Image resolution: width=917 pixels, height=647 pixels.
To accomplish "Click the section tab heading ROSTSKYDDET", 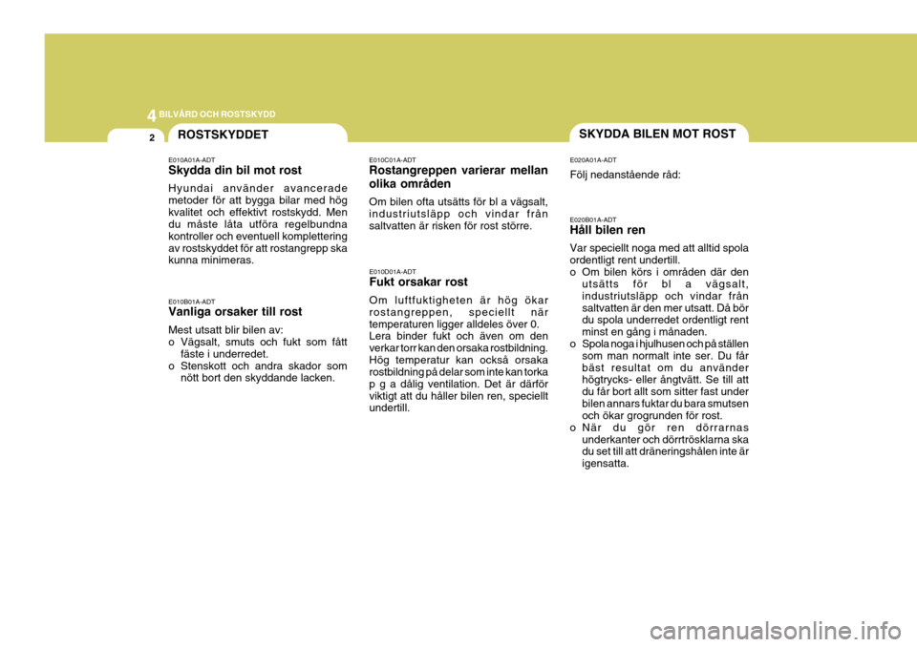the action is [223, 135].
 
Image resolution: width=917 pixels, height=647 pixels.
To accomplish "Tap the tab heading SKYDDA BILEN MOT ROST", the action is [657, 134].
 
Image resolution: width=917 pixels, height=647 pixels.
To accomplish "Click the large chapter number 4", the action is [152, 115].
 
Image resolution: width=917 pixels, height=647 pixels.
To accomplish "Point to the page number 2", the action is [152, 138].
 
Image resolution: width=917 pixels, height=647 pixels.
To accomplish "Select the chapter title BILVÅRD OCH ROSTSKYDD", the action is [217, 114].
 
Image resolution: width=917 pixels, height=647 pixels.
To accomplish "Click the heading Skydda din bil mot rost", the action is [235, 170].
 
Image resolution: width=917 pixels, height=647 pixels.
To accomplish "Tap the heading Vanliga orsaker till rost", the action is [235, 311].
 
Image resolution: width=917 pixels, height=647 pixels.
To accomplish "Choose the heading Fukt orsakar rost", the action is [418, 282].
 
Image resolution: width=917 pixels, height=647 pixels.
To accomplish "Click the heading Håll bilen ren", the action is [608, 230].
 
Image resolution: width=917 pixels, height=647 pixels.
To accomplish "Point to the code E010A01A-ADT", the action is [192, 159].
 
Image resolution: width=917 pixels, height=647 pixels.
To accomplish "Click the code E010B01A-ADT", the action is [192, 302].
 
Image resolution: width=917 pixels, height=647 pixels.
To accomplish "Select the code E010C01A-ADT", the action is [393, 159].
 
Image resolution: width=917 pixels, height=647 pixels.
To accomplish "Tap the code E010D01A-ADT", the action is [393, 271].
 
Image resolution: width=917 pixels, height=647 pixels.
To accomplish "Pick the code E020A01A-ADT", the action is [593, 159].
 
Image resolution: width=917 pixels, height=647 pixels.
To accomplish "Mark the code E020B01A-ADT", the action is [593, 219].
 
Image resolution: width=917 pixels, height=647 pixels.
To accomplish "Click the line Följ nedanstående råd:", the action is [625, 175].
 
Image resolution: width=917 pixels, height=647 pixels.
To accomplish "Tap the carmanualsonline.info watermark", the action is [776, 631].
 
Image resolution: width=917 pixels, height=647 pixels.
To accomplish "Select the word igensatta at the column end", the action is [606, 464].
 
